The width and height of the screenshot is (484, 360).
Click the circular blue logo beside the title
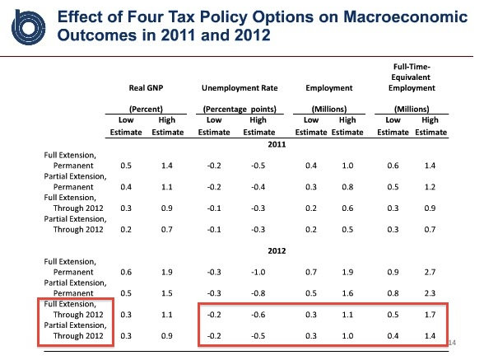(x=28, y=27)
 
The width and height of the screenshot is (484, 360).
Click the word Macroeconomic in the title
(x=405, y=16)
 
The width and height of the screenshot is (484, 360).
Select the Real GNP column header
(x=146, y=88)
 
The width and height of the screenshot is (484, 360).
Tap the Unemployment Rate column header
(x=240, y=88)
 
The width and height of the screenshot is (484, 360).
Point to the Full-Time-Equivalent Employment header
(x=412, y=77)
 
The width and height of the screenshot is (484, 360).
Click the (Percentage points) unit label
(x=240, y=109)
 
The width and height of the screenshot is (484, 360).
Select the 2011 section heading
(x=277, y=144)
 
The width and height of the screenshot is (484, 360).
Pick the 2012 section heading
(x=277, y=250)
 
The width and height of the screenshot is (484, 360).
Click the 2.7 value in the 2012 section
(x=430, y=272)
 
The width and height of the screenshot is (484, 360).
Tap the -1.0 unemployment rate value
(x=258, y=272)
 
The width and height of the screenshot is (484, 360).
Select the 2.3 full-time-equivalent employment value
(x=430, y=293)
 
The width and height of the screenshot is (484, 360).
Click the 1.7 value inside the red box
(x=430, y=315)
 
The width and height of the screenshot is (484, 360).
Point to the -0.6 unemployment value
(x=258, y=315)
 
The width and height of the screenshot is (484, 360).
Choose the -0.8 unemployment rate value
(x=258, y=293)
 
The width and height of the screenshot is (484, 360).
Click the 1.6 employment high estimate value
(x=347, y=293)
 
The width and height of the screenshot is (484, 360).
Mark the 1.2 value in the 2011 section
(x=430, y=187)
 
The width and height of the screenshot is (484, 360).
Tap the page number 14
(x=452, y=343)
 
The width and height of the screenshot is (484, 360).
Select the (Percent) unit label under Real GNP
(x=146, y=109)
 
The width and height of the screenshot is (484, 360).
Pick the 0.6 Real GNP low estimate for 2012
(x=126, y=272)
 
